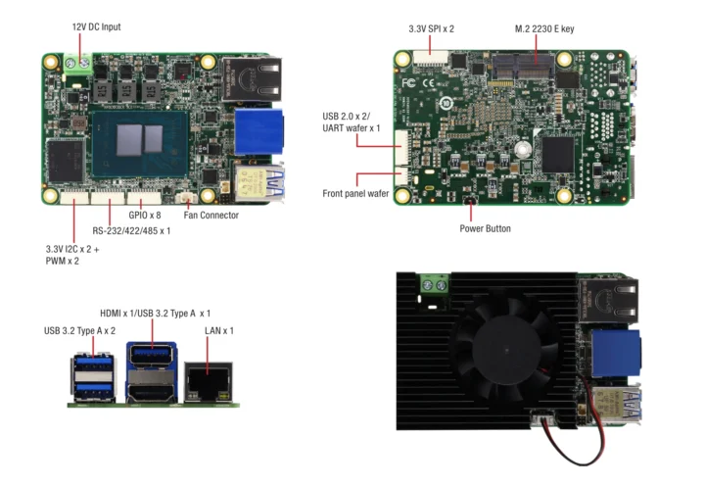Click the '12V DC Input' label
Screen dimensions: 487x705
coord(96,26)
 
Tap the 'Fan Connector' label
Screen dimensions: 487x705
coord(211,215)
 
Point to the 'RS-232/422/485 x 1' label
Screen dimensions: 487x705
coord(132,230)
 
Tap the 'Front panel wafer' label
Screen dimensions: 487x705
coord(355,194)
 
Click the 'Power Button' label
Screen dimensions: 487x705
coord(485,228)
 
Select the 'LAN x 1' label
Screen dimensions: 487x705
coord(219,330)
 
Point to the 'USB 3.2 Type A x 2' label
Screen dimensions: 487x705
coord(79,330)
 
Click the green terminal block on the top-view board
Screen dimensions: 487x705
coord(80,66)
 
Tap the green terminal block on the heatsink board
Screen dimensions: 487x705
coord(434,285)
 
